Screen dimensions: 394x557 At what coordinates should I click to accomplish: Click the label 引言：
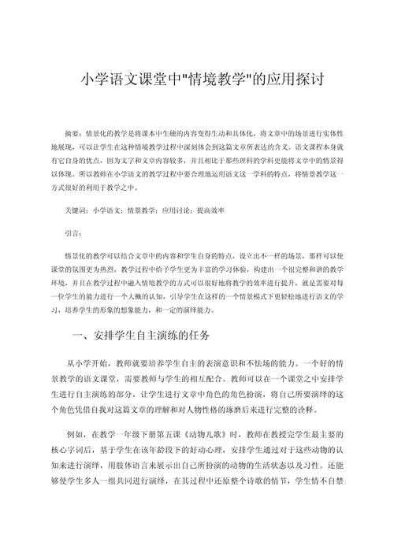[73, 234]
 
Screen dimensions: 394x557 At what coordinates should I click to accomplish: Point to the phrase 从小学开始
[94, 362]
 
